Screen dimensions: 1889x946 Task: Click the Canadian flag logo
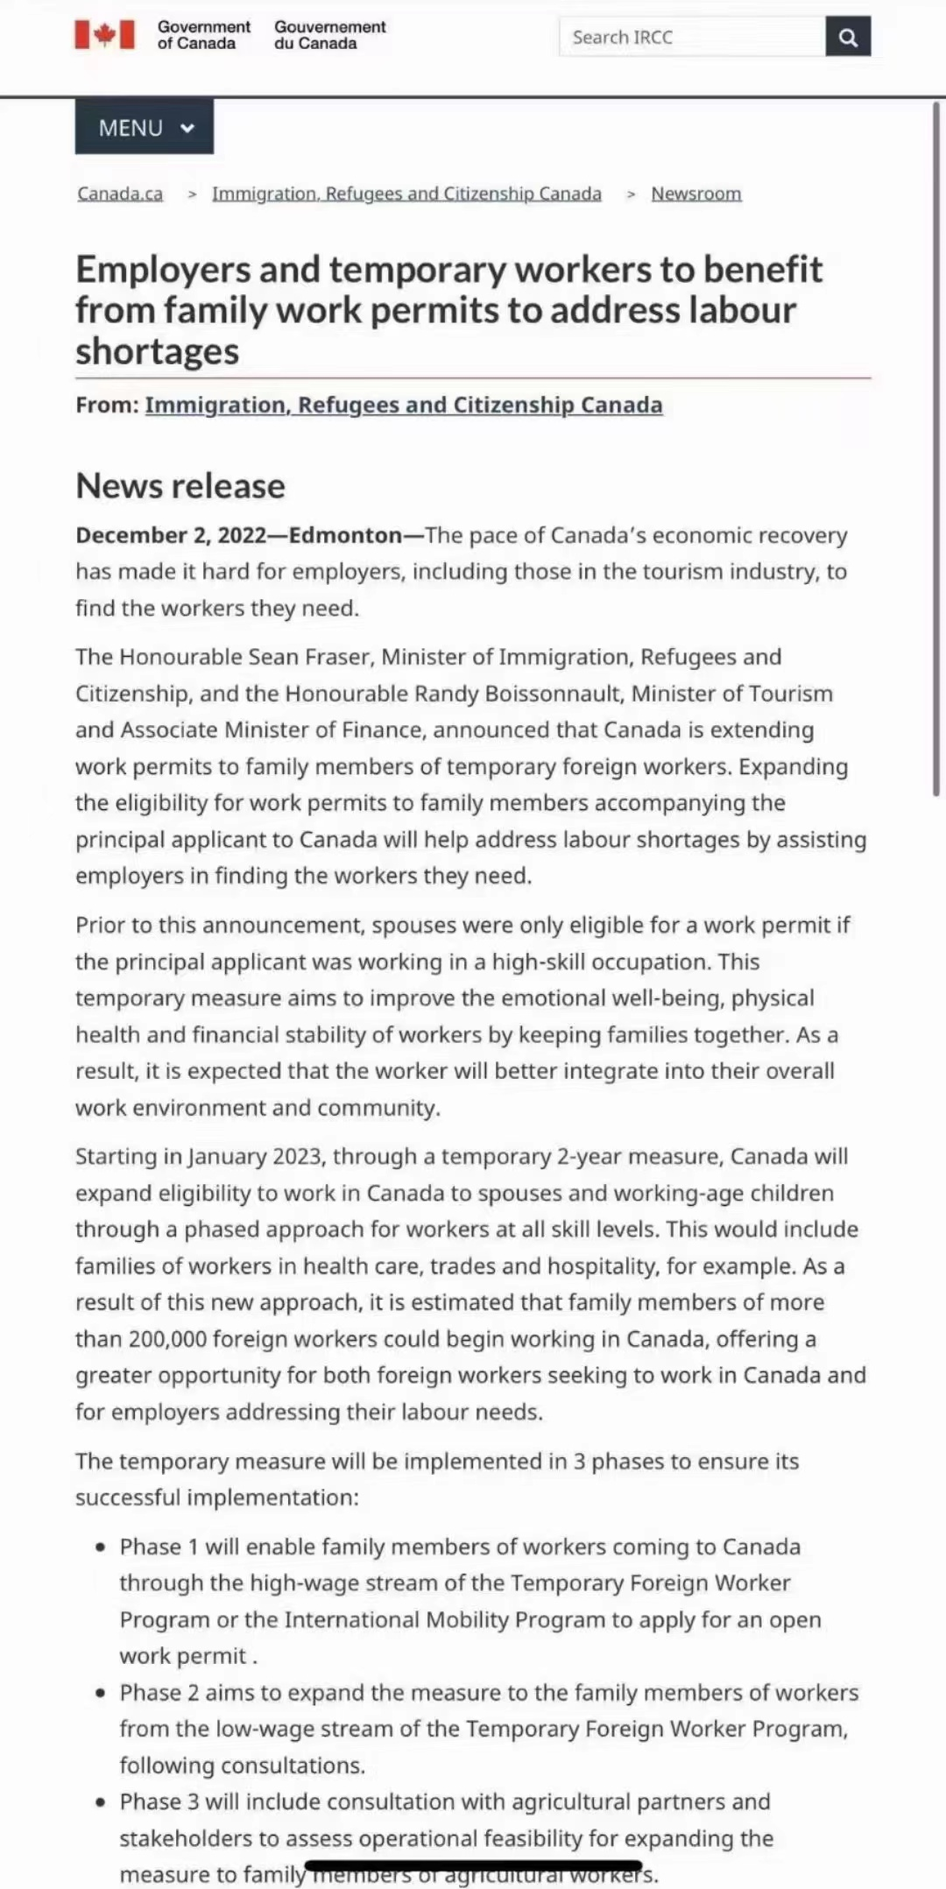point(105,35)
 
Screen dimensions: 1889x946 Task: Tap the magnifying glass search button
point(848,37)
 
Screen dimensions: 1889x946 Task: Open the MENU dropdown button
point(145,128)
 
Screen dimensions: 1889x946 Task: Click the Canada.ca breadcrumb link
point(120,194)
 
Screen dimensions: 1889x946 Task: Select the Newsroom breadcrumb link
point(696,194)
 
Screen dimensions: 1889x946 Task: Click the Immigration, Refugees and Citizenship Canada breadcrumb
point(406,194)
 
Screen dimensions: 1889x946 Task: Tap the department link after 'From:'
point(404,405)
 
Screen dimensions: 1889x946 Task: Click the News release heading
point(180,486)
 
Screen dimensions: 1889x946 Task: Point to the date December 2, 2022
point(171,535)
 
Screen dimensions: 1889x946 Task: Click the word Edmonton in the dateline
point(345,535)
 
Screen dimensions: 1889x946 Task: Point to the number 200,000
point(167,1339)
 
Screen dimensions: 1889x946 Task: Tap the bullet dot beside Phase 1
point(102,1547)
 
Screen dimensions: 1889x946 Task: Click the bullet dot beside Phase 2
point(102,1693)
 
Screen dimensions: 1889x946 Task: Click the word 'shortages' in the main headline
point(158,351)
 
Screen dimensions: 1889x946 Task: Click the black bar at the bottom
point(473,1866)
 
